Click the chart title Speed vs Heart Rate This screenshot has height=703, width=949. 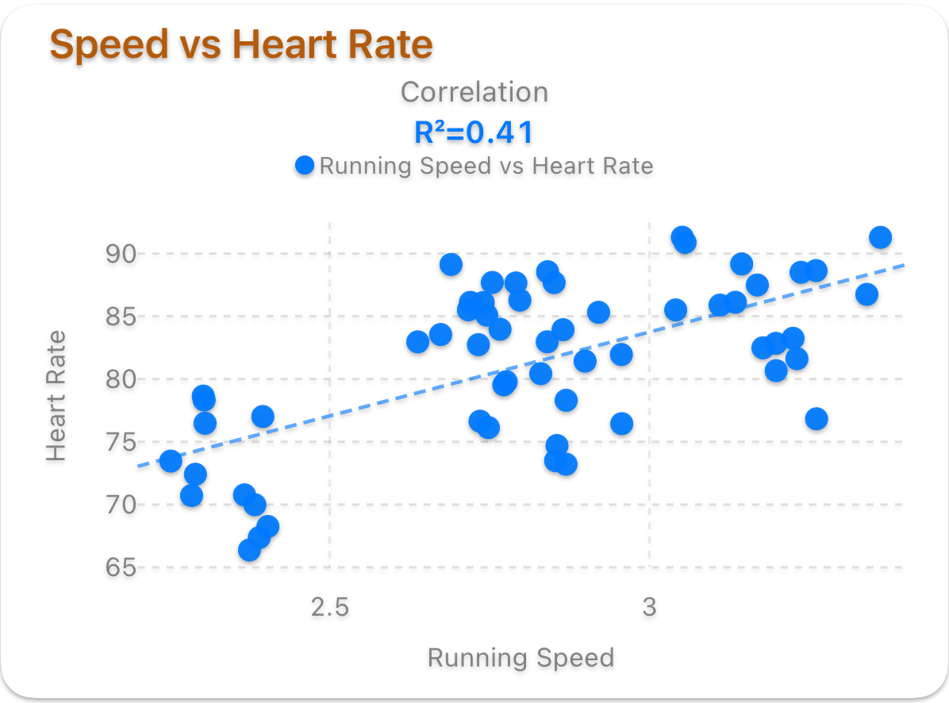point(241,45)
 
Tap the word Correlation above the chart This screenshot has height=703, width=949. point(474,92)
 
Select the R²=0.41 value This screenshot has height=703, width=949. point(474,133)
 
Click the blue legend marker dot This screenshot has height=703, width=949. point(305,166)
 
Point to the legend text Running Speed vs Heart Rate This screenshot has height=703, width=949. point(486,166)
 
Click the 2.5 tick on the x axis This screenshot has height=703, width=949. point(329,607)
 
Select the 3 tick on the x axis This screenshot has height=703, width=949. point(650,607)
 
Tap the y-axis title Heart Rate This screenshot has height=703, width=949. point(56,396)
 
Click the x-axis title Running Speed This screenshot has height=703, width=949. point(521,658)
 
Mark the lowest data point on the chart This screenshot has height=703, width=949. point(249,550)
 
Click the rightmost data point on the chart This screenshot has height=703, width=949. point(880,237)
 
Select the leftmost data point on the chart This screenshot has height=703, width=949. point(171,461)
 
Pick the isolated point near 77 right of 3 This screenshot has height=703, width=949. point(816,419)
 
